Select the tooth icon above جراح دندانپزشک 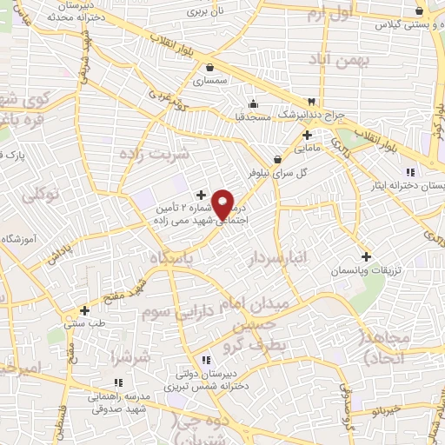coord(311,102)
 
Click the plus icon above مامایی coord(307,135)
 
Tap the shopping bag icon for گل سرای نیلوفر coord(277,159)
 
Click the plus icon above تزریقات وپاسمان coord(367,257)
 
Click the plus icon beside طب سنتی coord(84,310)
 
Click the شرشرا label coord(130,356)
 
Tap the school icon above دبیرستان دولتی coord(206,360)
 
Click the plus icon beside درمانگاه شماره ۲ coord(202,195)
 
